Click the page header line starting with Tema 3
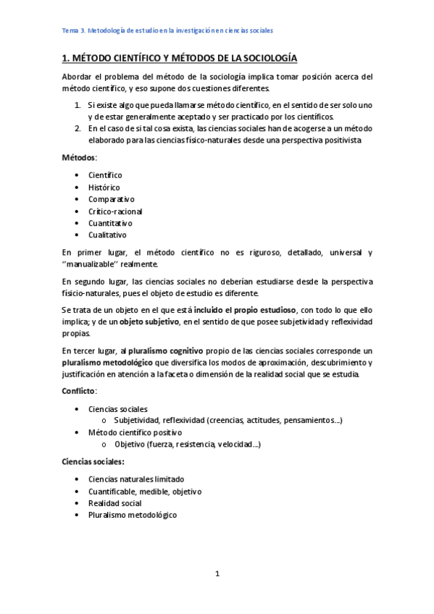(167, 30)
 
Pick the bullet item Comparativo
(112, 199)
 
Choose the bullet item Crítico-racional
(115, 211)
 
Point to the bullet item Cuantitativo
(110, 223)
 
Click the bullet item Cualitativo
(107, 235)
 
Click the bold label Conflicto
(79, 391)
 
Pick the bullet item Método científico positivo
(130, 432)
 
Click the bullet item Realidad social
(115, 502)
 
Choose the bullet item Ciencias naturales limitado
(136, 479)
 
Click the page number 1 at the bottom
(217, 573)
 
